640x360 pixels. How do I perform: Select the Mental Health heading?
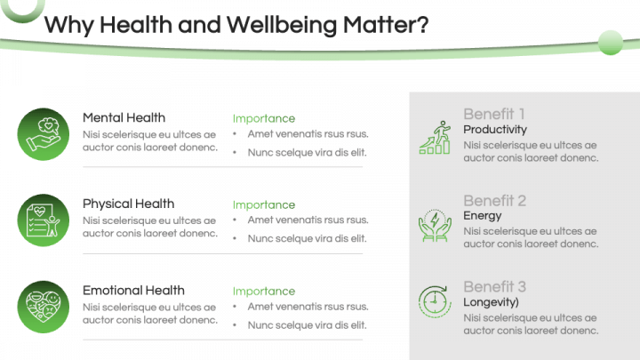click(x=124, y=117)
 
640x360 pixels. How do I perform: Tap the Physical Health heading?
click(x=128, y=204)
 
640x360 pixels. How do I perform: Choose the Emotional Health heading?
click(x=133, y=290)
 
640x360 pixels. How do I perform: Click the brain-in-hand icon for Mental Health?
click(x=42, y=133)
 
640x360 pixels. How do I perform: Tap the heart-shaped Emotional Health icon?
click(x=42, y=306)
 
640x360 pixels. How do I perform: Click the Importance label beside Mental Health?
click(x=263, y=118)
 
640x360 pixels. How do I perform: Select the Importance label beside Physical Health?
click(x=263, y=204)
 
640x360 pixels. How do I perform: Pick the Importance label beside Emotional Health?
click(x=263, y=291)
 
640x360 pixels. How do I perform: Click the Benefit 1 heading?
click(x=494, y=114)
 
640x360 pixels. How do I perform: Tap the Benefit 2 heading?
click(x=494, y=200)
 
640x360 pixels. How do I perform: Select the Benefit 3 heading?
click(x=494, y=286)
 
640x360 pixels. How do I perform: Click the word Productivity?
click(x=495, y=130)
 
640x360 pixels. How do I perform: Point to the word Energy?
click(x=482, y=216)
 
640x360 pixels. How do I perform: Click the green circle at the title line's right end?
click(x=611, y=42)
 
